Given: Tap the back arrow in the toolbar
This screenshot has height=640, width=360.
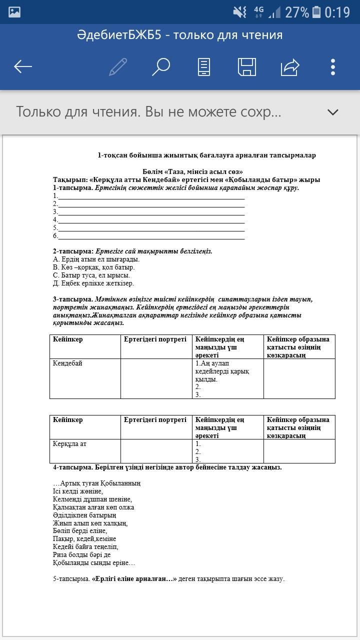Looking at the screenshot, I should [23, 66].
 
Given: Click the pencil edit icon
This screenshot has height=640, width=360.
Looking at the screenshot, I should [117, 66].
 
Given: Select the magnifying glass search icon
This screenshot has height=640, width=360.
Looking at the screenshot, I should [160, 66].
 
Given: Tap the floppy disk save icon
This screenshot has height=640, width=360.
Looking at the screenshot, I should [246, 66].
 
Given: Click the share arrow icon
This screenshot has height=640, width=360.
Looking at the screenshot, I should [290, 66].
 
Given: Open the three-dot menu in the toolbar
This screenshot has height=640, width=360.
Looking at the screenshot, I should [333, 66].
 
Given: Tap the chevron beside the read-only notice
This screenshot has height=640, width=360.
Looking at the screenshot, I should [332, 112].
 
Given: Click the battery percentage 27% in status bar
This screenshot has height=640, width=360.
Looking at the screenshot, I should [297, 12].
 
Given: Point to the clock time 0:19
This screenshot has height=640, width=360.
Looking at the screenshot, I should [337, 12].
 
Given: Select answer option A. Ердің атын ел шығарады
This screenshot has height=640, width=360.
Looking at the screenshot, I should [96, 259].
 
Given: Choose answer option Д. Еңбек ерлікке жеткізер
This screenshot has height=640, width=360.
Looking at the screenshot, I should [93, 283].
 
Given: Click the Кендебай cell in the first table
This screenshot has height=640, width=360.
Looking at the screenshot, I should [67, 363].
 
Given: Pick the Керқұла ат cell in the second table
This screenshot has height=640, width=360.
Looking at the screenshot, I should [73, 443].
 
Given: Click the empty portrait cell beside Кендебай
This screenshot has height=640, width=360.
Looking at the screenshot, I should [156, 378].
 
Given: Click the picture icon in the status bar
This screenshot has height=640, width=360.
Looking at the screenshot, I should [14, 12].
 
